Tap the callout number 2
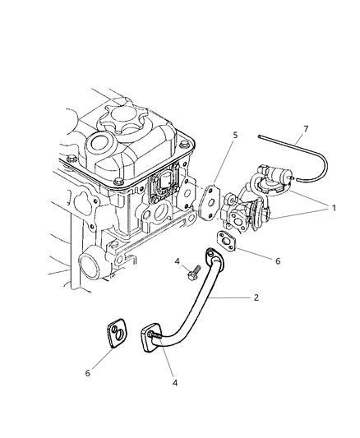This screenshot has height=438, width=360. click(x=256, y=297)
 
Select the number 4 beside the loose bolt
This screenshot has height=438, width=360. click(x=178, y=285)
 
